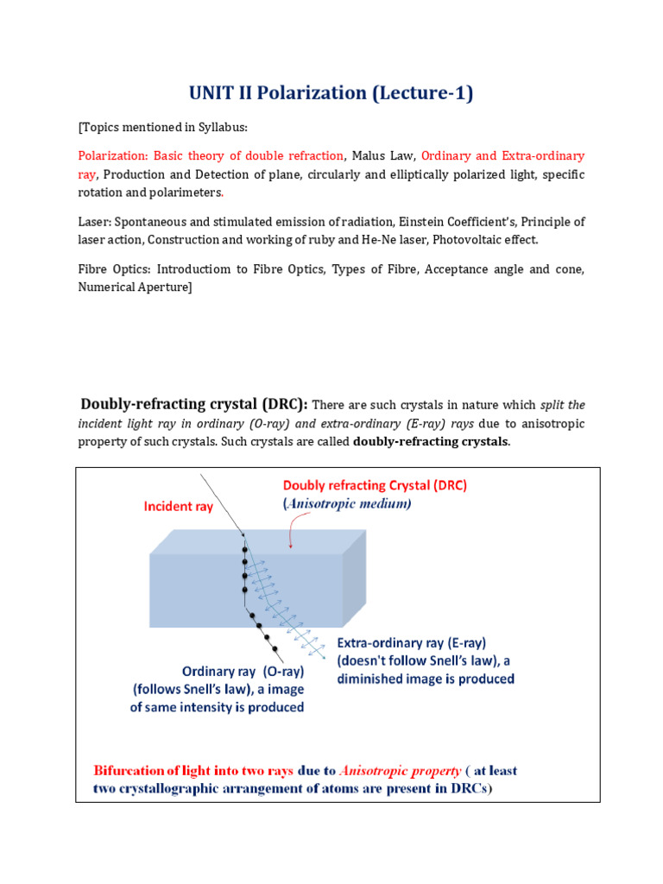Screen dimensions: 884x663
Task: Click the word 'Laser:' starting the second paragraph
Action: [x=95, y=223]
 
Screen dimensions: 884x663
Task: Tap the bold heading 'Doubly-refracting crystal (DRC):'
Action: [x=194, y=404]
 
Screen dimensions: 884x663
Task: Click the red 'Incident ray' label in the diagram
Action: [x=178, y=507]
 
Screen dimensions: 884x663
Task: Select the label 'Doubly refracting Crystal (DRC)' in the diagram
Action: [x=375, y=485]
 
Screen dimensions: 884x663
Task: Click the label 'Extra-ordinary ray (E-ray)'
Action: [x=411, y=643]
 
